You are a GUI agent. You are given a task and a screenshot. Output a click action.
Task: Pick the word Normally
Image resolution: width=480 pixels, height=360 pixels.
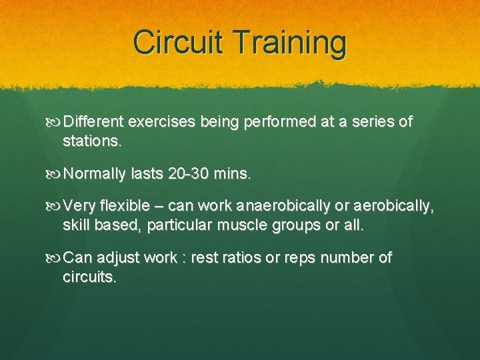coord(95,175)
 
